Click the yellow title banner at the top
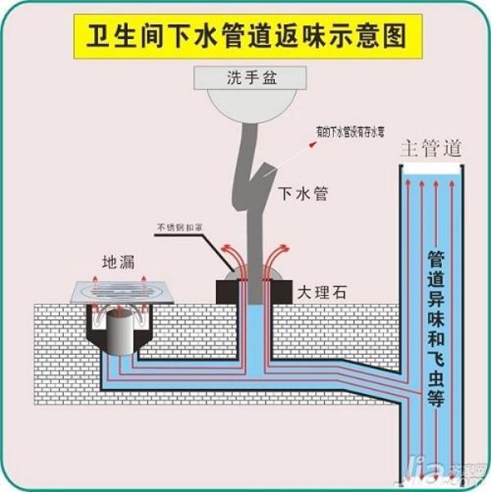(245, 34)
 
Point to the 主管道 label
(431, 149)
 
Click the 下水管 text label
(303, 194)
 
